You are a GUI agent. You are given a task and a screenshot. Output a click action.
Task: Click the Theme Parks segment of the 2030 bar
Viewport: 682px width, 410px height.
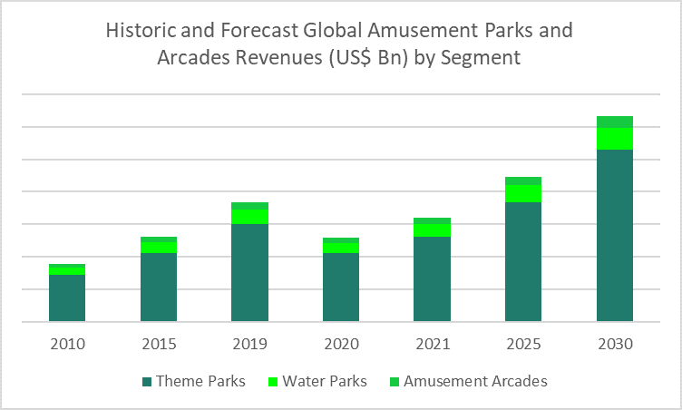click(x=614, y=235)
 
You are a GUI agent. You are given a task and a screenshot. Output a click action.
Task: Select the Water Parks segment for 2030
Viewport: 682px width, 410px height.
click(x=614, y=139)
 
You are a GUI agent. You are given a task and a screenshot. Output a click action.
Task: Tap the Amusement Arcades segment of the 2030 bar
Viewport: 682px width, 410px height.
click(x=614, y=122)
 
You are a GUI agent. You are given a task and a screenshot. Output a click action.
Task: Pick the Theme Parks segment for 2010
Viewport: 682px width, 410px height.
click(x=67, y=298)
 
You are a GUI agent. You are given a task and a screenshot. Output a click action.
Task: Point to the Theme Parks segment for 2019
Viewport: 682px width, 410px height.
click(x=249, y=272)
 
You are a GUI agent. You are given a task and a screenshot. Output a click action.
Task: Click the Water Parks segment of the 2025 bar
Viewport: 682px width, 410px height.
click(x=523, y=193)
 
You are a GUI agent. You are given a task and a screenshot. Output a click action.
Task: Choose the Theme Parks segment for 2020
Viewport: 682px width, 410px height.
click(x=341, y=287)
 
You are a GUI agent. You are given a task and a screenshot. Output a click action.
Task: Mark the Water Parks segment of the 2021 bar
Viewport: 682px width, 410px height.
click(x=432, y=230)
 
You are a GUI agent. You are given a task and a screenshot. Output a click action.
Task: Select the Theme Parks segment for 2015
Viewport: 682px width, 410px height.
click(x=159, y=287)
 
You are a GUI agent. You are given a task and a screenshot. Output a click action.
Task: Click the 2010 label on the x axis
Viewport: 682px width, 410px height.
click(x=67, y=345)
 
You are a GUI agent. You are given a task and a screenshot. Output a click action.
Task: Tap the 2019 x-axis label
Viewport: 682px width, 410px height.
click(x=249, y=345)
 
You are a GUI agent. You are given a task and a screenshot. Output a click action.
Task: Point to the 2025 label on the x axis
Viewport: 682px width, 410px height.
click(x=523, y=345)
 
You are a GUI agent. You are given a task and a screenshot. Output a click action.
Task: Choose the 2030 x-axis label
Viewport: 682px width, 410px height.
click(x=614, y=345)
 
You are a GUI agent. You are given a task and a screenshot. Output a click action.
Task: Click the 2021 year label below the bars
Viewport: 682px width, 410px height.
click(x=432, y=345)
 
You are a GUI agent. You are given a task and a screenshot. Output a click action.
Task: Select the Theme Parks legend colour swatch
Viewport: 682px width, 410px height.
click(x=147, y=381)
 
